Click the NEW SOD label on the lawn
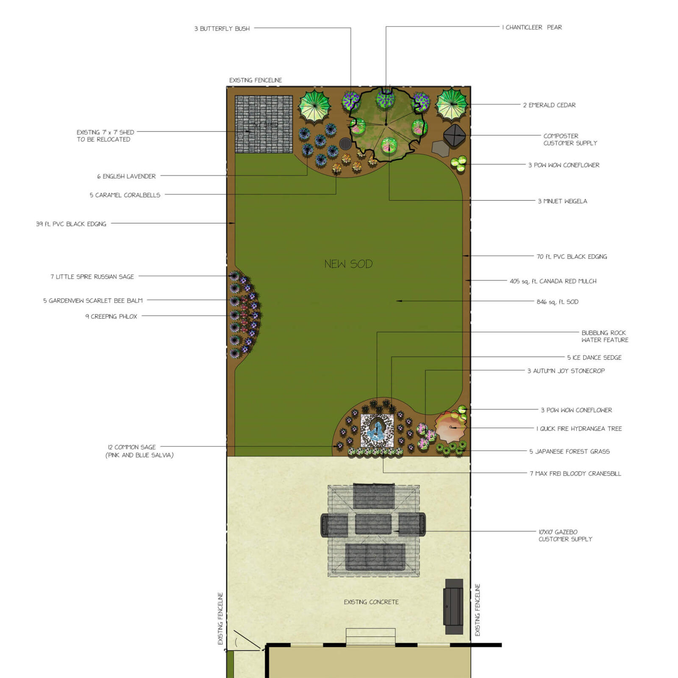[348, 264]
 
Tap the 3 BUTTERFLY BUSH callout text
[222, 29]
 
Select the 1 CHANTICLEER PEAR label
[532, 28]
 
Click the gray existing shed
[264, 124]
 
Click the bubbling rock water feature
[377, 430]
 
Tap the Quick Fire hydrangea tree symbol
[450, 427]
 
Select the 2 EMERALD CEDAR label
[549, 105]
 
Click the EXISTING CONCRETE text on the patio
[371, 602]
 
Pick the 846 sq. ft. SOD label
[557, 302]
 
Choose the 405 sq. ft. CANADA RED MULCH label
[553, 281]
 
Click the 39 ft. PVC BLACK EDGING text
[71, 224]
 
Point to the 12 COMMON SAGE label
[132, 447]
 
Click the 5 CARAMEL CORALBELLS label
[125, 195]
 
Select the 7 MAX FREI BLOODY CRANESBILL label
[575, 474]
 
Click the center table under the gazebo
[373, 524]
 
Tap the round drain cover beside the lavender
[345, 143]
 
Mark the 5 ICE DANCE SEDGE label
[594, 358]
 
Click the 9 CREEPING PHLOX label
[111, 317]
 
